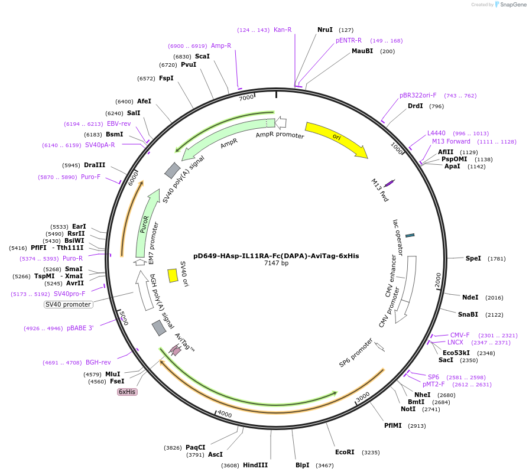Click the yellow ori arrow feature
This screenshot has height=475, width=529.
336,139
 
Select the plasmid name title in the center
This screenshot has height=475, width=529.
276,256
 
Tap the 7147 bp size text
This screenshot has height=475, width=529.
276,263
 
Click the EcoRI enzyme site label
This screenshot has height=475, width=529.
345,452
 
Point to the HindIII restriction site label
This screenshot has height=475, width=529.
255,465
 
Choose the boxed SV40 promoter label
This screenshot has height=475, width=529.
69,304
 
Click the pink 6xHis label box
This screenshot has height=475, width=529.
127,392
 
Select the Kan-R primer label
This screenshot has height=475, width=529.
283,30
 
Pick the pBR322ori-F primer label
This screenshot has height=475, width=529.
418,95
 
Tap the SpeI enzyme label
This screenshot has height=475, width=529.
473,258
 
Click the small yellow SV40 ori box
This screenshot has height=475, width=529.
173,275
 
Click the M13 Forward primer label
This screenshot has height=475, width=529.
451,141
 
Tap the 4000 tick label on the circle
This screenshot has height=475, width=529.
225,413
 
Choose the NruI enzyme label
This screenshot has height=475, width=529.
325,30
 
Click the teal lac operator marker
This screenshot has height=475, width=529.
410,235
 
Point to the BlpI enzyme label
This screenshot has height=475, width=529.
303,465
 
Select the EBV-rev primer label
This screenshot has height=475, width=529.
119,123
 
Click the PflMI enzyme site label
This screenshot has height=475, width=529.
392,425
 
